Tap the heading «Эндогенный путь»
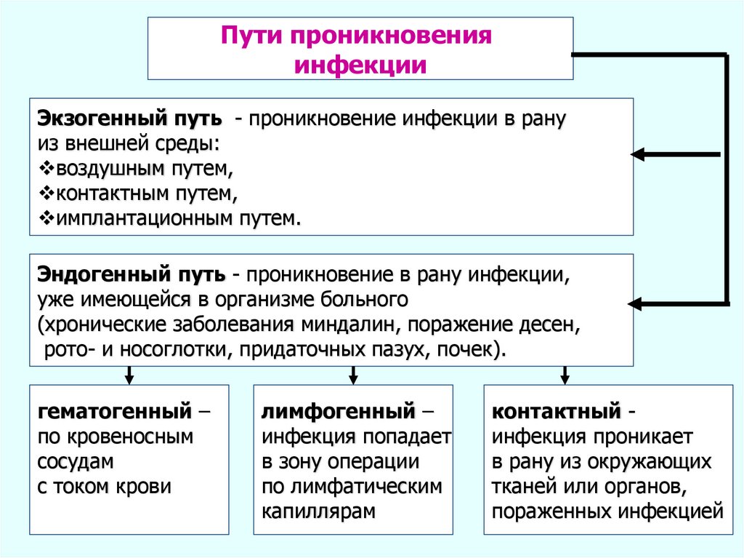132,276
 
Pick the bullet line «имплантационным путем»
174,218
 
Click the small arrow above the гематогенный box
129,376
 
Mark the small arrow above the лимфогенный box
353,376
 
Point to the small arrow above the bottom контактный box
565,376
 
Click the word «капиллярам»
319,511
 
